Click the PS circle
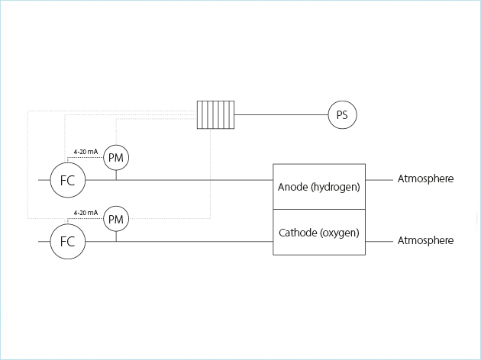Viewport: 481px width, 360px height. [342, 115]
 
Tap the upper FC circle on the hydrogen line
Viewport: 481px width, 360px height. [67, 181]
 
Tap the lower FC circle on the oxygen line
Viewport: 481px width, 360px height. [67, 241]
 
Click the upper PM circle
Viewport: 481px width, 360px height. [116, 158]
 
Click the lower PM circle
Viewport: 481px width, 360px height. [116, 220]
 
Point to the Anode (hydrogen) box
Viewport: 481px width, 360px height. [319, 186]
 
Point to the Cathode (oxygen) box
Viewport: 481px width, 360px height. [319, 232]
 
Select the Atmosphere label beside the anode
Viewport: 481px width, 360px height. [425, 179]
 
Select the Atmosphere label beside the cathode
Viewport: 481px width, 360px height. [425, 240]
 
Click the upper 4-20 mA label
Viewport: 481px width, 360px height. [86, 151]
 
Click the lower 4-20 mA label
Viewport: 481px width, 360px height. [86, 212]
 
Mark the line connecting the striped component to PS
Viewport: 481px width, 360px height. [282, 115]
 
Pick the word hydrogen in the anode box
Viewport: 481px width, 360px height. [335, 186]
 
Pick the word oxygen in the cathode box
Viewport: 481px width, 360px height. [340, 232]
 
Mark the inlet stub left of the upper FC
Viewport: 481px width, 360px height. [44, 181]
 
